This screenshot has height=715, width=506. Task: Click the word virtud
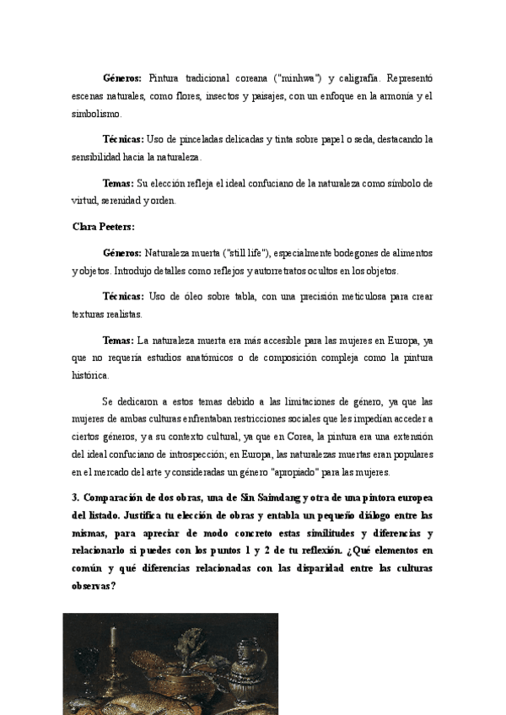86,201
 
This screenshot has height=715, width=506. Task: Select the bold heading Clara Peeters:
104,227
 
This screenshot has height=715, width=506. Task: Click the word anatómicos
200,357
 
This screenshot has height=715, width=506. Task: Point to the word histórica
90,374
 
